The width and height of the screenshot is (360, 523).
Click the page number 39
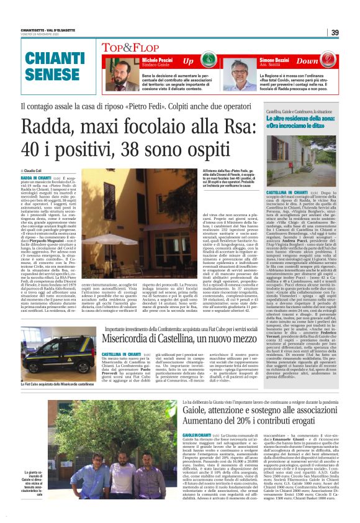335,32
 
